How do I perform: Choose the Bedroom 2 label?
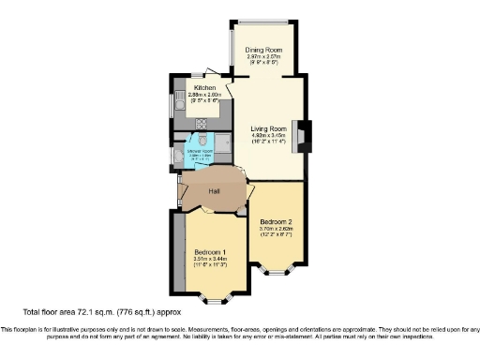(x=277, y=221)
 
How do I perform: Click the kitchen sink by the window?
(x=178, y=109)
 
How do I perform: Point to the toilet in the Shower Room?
(x=180, y=160)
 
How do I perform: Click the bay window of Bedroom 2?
(x=278, y=272)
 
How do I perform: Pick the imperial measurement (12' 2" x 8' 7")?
(x=277, y=236)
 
